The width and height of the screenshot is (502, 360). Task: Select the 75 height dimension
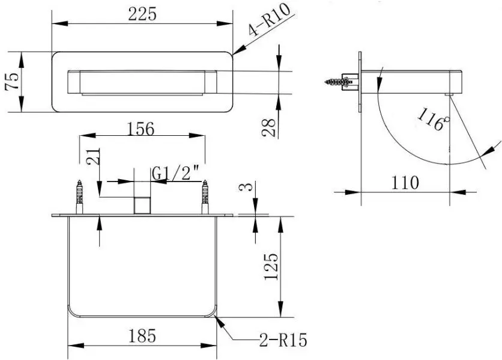[10, 82]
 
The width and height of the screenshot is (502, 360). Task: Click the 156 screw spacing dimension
[141, 129]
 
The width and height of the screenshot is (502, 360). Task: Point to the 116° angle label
[432, 117]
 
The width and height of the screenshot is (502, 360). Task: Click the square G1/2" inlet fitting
[142, 204]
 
